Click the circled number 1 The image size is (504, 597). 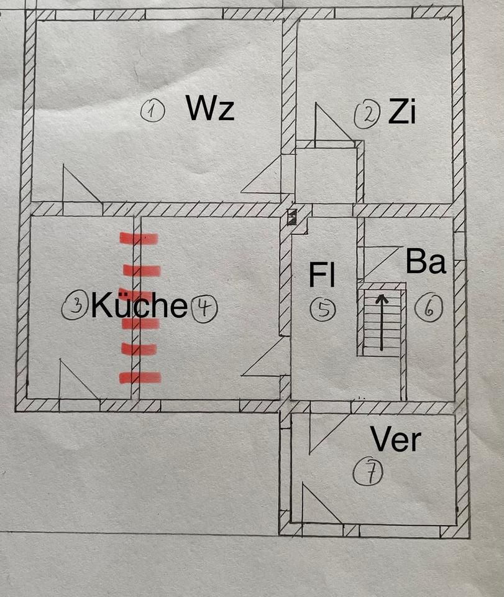point(152,112)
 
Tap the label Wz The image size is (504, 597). point(210,109)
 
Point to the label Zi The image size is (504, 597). point(401,113)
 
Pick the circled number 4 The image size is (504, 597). point(204,308)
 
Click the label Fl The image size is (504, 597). point(323,275)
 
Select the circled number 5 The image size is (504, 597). point(323,309)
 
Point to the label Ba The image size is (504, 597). point(426,262)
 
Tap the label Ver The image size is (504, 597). point(396,440)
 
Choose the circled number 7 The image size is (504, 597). point(368,474)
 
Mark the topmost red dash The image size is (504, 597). point(139,238)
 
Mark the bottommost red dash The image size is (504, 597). point(140,377)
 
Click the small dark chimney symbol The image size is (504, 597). point(292,217)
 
